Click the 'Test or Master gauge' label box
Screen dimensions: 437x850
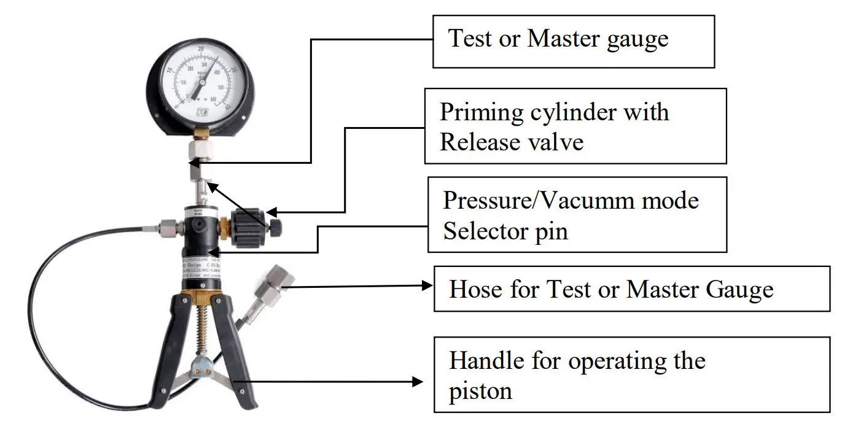coord(574,41)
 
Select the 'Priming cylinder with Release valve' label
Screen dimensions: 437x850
coord(575,126)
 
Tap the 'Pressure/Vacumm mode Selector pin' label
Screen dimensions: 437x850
coord(577,215)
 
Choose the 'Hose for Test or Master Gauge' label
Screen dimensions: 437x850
coord(631,288)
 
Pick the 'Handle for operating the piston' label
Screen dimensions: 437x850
coord(631,374)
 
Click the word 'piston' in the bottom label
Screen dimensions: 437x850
coord(480,390)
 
